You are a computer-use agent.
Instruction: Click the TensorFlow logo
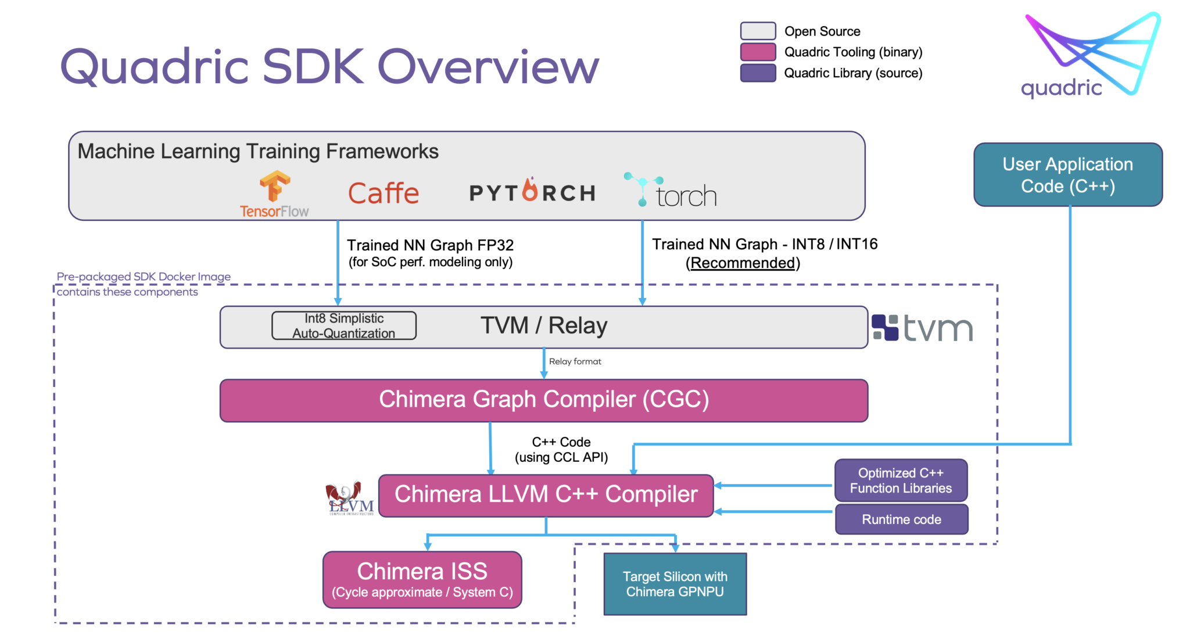274,194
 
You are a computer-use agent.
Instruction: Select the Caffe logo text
383,193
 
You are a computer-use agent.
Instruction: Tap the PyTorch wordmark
532,192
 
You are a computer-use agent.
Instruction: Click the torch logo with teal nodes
671,191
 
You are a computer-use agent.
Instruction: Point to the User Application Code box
1067,175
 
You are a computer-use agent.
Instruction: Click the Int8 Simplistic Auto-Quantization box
344,326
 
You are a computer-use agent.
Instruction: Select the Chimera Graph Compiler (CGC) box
543,400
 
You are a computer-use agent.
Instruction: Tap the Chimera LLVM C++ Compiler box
546,495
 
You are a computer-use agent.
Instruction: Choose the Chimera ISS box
422,579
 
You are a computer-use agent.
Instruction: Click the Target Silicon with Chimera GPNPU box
675,584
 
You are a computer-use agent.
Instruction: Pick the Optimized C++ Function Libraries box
901,480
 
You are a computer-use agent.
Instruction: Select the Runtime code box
901,519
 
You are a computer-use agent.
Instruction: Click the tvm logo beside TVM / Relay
922,328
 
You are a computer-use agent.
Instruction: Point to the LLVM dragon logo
349,498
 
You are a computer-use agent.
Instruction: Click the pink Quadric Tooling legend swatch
758,52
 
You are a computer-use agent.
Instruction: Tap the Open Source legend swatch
758,31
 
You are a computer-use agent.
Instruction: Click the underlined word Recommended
743,263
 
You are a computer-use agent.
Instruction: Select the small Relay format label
575,361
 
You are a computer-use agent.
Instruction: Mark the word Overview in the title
488,67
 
